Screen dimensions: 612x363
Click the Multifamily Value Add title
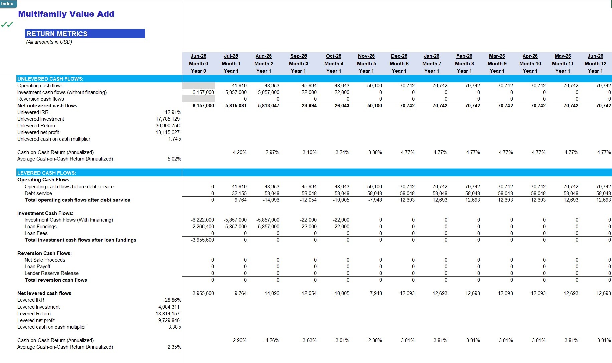(66, 14)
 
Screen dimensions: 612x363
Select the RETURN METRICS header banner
(85, 34)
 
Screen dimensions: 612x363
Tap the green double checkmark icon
(7, 24)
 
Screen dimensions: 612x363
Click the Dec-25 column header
(399, 56)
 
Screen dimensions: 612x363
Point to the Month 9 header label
(497, 64)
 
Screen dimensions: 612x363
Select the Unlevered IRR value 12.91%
(173, 112)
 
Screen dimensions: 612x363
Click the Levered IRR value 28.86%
(173, 300)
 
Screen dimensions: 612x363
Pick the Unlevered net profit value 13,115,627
(168, 132)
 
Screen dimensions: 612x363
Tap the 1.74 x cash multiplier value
(175, 139)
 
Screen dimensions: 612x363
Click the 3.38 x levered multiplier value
(175, 327)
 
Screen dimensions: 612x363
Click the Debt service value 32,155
(239, 193)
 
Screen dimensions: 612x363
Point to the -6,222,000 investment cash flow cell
(202, 220)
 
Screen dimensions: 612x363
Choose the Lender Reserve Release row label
(52, 273)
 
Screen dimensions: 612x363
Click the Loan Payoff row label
(37, 267)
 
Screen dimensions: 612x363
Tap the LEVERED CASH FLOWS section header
(47, 173)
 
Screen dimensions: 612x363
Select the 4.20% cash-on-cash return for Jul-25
(240, 152)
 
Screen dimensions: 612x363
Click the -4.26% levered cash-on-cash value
(272, 340)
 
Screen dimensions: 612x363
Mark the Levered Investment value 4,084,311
(169, 307)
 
